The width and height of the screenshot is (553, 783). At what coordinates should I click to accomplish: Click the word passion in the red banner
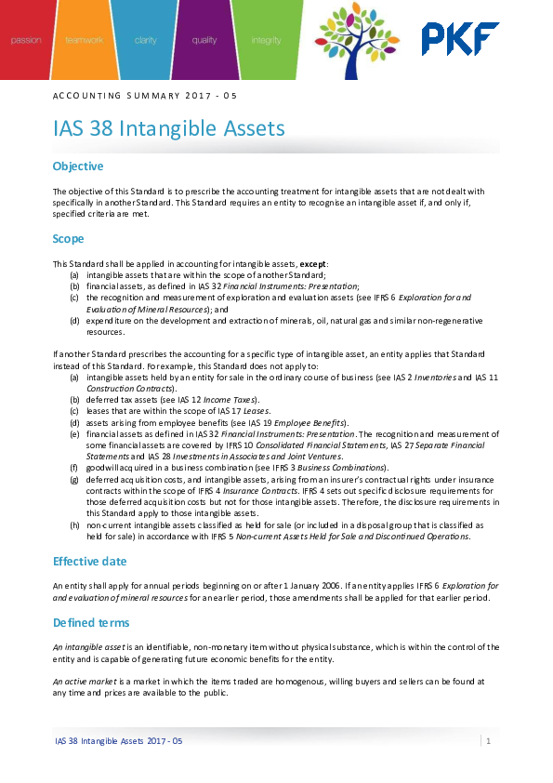pos(26,41)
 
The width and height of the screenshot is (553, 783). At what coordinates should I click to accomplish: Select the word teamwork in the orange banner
pos(84,41)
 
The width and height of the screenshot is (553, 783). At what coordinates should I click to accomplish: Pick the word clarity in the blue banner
pos(145,41)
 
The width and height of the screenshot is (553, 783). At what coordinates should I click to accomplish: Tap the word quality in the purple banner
pos(204,41)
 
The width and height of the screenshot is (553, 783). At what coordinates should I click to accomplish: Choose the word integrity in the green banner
pos(266,41)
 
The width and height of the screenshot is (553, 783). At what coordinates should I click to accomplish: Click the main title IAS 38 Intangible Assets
pos(168,127)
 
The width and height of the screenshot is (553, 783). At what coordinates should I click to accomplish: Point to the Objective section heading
pos(78,166)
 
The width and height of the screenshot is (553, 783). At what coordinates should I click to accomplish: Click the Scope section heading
pos(68,239)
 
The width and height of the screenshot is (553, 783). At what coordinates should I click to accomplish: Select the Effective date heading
pos(89,562)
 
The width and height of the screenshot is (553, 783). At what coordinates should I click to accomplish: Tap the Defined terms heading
pos(91,622)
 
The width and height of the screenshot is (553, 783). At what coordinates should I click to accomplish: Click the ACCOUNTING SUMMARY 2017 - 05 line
pos(138,96)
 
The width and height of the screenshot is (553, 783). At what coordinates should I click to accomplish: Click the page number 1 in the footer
pos(488,740)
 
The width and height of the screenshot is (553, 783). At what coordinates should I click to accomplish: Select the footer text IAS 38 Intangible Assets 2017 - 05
pos(118,741)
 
